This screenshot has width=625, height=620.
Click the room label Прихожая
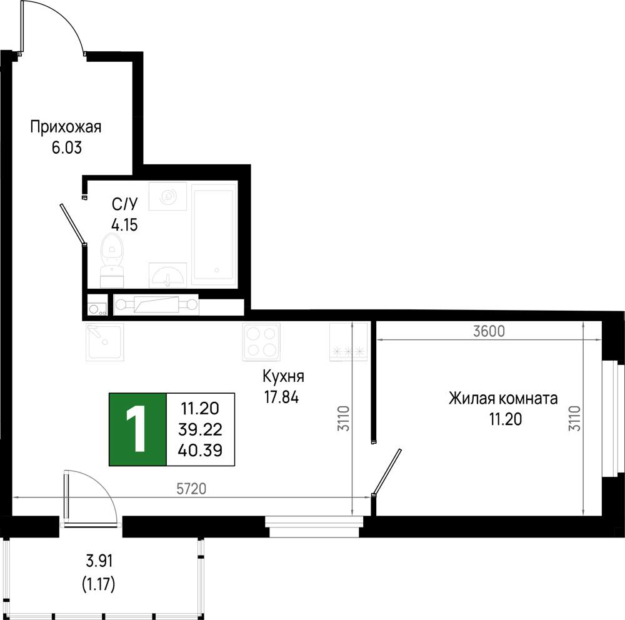click(x=66, y=127)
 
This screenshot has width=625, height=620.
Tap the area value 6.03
click(x=67, y=148)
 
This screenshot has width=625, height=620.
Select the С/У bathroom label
click(x=125, y=204)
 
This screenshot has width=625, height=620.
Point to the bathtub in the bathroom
click(x=212, y=234)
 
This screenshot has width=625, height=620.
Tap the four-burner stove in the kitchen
click(x=261, y=342)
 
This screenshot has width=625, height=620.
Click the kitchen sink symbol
click(x=105, y=342)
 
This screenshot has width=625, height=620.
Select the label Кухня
click(x=283, y=376)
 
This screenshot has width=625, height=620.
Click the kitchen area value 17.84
click(x=281, y=397)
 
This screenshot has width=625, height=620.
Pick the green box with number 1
click(x=137, y=429)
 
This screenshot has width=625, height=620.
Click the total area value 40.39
click(x=200, y=451)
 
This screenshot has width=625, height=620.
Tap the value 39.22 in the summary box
click(x=200, y=429)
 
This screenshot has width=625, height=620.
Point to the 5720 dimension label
click(x=191, y=489)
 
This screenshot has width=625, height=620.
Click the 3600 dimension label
click(x=489, y=331)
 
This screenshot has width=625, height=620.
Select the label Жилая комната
click(x=503, y=398)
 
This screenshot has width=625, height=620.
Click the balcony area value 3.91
click(x=99, y=561)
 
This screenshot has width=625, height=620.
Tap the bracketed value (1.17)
click(x=99, y=584)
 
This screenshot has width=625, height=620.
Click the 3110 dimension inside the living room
click(x=575, y=418)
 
